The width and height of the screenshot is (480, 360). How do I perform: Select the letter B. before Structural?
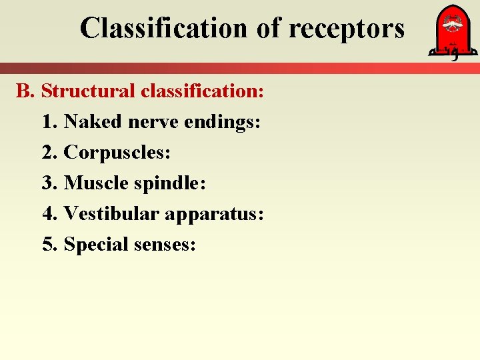click(x=25, y=91)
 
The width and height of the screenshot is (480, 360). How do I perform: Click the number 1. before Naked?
click(x=49, y=122)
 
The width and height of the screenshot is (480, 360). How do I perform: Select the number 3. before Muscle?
click(x=49, y=183)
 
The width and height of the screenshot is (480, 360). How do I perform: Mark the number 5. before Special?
click(x=49, y=245)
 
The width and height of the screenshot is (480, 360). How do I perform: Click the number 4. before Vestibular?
click(x=49, y=214)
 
